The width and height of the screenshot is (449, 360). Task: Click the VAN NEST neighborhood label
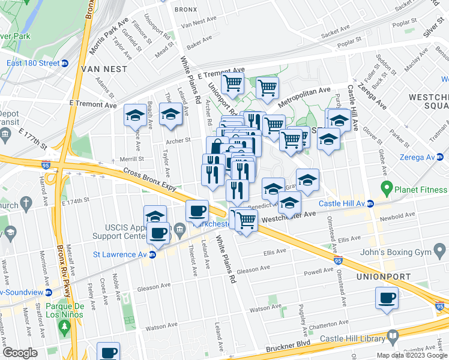(x=104, y=69)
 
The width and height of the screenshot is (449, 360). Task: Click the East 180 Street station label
(x=33, y=64)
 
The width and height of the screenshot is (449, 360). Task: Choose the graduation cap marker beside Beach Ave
(x=136, y=115)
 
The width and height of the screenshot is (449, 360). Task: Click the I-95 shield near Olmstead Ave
(x=339, y=260)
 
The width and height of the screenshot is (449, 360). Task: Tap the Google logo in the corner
(x=20, y=353)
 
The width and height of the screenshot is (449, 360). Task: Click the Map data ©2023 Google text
(x=411, y=355)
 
